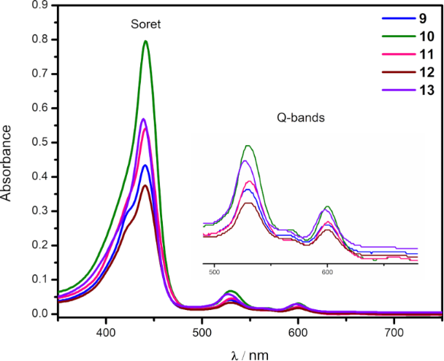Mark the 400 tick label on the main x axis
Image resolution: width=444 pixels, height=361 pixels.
[x=107, y=327]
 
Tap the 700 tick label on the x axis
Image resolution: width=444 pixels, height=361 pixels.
[x=394, y=327]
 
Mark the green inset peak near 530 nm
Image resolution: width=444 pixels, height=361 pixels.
[x=248, y=146]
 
